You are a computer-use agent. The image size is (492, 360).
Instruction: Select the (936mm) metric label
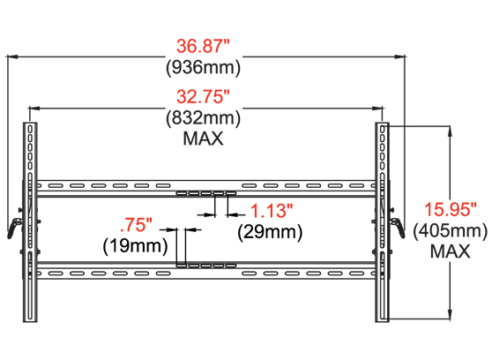[x=204, y=68]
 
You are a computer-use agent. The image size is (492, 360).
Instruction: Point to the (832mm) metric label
[x=204, y=118]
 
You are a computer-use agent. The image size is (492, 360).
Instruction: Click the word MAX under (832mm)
[x=204, y=138]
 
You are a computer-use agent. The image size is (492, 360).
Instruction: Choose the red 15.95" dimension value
[x=451, y=210]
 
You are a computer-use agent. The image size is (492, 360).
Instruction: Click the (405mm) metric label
[x=451, y=231]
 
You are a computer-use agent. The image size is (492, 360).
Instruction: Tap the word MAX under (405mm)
[x=451, y=251]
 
